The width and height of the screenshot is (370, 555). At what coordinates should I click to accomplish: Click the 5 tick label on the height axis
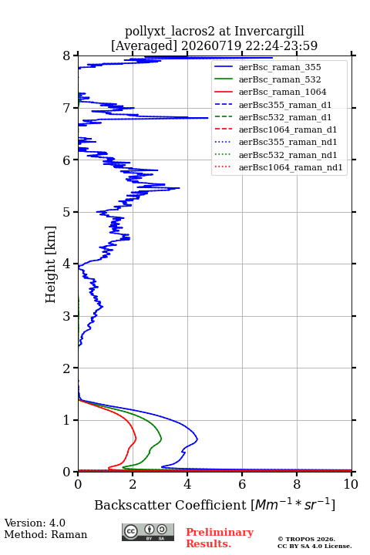click(x=67, y=213)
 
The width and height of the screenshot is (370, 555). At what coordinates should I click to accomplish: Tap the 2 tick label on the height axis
click(x=67, y=368)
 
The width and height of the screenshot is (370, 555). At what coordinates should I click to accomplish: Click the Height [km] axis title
click(x=51, y=264)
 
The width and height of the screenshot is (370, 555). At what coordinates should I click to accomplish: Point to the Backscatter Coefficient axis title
click(x=214, y=504)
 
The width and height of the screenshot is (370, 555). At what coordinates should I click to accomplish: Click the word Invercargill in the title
click(x=270, y=32)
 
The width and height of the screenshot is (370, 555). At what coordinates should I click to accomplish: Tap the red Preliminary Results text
click(x=220, y=538)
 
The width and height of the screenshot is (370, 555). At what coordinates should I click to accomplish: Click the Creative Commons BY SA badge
click(x=148, y=532)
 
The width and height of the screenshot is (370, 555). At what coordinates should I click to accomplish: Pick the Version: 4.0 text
click(x=35, y=523)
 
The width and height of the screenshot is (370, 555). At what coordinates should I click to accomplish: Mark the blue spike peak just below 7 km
click(x=207, y=118)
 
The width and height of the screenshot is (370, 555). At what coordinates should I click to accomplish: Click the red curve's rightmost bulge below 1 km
click(x=136, y=439)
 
